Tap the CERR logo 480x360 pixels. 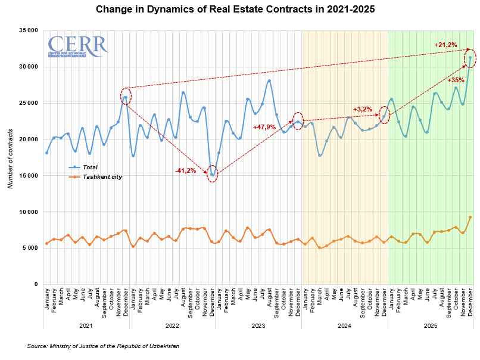(77, 46)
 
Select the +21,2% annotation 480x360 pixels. (445, 45)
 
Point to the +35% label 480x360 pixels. (456, 80)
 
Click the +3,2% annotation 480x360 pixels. (362, 109)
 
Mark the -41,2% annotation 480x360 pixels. (186, 171)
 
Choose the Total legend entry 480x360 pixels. (89, 168)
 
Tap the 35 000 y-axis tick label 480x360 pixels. (28, 30)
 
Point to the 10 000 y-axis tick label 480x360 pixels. (28, 212)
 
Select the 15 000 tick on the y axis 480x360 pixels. (28, 176)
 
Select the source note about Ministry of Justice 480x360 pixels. (103, 346)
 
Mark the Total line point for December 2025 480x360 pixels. (470, 58)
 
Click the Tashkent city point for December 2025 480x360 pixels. (470, 218)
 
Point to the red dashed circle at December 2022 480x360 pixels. (213, 175)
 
